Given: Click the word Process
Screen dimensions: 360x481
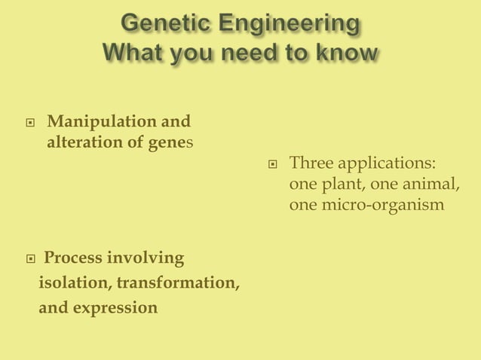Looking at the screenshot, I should click(73, 258).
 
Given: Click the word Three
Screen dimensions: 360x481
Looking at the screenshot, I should click(311, 163).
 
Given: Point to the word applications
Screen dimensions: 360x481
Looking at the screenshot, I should click(384, 163).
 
